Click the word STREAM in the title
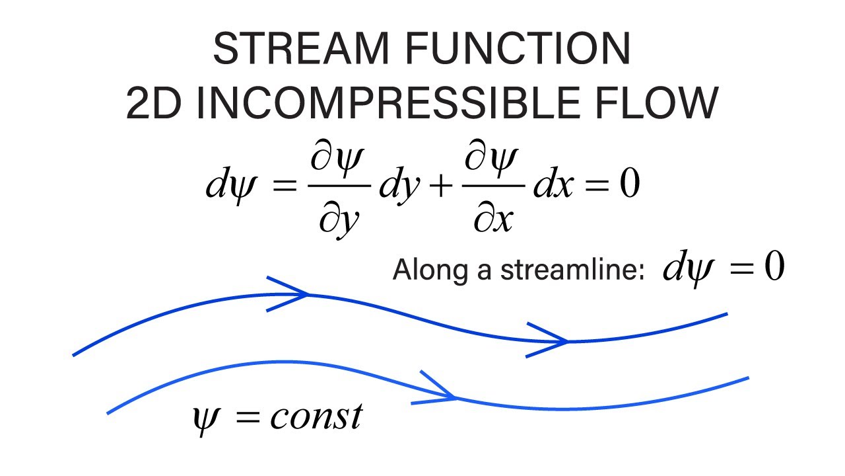pos(301,48)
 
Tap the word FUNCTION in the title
pos(518,48)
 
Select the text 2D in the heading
pos(154,102)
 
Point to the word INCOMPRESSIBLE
pos(389,102)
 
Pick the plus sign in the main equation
pos(441,186)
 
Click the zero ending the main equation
pos(630,183)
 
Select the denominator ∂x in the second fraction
pos(493,218)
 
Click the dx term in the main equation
pos(553,183)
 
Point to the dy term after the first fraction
pos(399,186)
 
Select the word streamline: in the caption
pos(572,270)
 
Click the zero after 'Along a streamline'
pos(775,266)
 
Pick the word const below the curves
pos(316,416)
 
